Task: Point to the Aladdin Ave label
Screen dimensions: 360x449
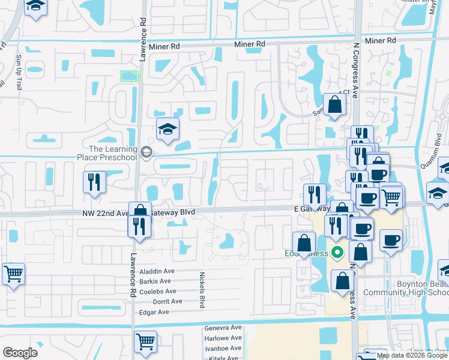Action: tap(156, 271)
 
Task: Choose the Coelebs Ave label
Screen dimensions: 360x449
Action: tap(156, 291)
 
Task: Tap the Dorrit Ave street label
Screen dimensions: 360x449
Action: tap(167, 301)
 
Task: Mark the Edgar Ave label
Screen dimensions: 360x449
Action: tap(155, 311)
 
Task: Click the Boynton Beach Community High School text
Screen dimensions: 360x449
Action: tap(414, 288)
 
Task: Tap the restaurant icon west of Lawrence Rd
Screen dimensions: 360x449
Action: tap(95, 182)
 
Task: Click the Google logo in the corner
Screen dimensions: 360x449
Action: tap(20, 352)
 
